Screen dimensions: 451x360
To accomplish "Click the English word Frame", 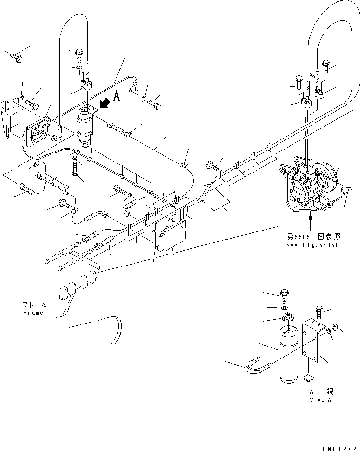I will (x=33, y=313).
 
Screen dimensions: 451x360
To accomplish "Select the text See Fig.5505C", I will (x=311, y=245).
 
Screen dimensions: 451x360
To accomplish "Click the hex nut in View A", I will (x=336, y=327).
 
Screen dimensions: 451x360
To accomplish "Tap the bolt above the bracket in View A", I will (x=319, y=312).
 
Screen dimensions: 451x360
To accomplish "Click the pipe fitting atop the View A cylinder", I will (x=288, y=318).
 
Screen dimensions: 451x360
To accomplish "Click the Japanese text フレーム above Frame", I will (x=33, y=305).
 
